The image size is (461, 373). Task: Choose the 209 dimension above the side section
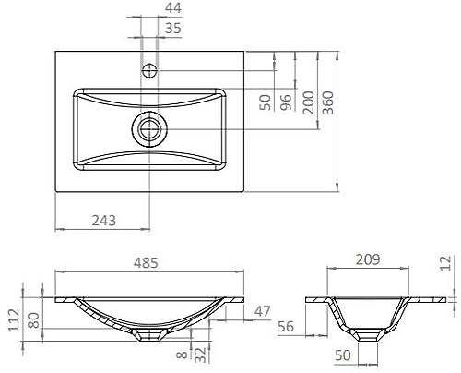[366, 261]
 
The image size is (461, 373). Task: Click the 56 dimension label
[287, 326]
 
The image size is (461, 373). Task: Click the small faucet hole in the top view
[150, 69]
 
